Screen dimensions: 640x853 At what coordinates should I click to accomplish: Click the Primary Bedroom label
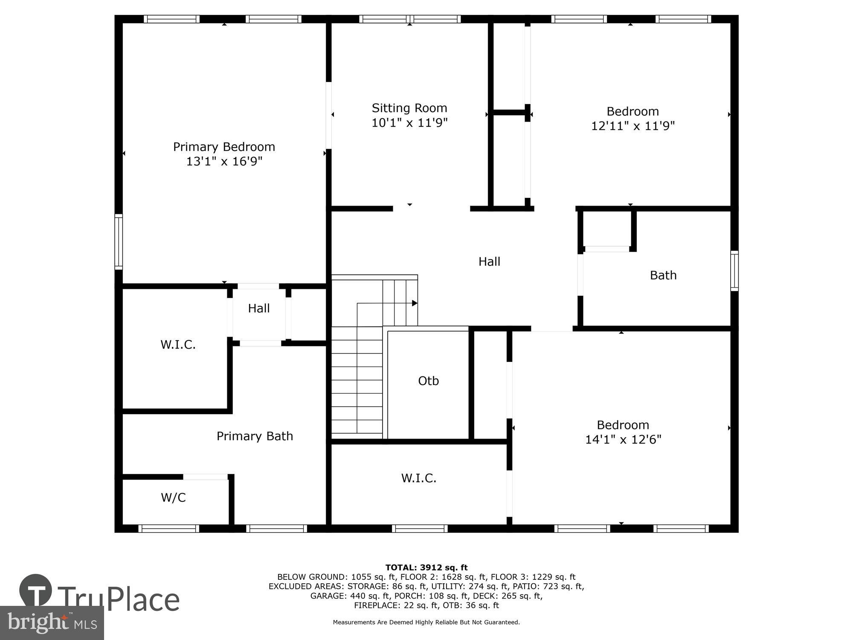(x=224, y=147)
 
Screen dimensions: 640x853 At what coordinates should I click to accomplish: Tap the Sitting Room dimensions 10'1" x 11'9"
(x=409, y=123)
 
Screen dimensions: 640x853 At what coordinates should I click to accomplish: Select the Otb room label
(x=428, y=381)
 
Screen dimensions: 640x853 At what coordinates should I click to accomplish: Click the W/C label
(x=173, y=497)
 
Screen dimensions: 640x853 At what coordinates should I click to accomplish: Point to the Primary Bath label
(x=255, y=436)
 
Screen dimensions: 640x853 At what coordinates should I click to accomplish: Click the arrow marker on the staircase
(x=414, y=303)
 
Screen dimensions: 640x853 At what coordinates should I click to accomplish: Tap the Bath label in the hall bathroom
(x=663, y=275)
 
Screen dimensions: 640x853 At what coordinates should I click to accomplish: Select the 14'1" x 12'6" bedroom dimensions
(x=623, y=439)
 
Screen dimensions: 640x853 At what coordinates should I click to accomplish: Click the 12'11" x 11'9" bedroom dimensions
(x=632, y=126)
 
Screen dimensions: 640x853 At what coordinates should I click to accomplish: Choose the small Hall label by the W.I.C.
(x=259, y=308)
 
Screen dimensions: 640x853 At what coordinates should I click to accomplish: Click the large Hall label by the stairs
(x=489, y=262)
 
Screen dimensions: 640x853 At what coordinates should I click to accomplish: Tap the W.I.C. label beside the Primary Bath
(x=178, y=345)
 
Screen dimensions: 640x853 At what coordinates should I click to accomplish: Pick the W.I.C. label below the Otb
(x=418, y=478)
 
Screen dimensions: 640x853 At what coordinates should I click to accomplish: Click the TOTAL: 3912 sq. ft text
(x=426, y=567)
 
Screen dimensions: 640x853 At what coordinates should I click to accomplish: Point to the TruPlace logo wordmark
(x=118, y=599)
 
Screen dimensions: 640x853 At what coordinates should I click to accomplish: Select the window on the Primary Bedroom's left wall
(x=119, y=241)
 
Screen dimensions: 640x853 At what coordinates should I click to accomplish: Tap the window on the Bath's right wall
(x=734, y=271)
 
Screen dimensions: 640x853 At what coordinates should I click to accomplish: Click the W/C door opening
(x=205, y=477)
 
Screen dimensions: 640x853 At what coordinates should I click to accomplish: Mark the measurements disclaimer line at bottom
(x=426, y=623)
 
